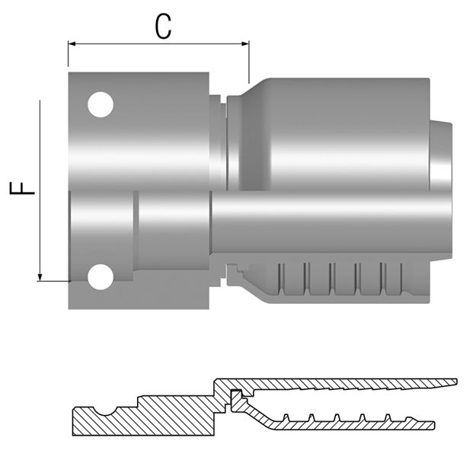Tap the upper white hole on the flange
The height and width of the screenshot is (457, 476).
click(x=100, y=104)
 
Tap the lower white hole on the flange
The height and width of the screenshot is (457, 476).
click(x=100, y=276)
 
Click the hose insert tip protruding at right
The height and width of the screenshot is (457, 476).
click(x=441, y=156)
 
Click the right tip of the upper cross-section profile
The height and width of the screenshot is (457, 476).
click(x=455, y=380)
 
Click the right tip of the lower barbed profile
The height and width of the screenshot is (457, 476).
click(x=433, y=425)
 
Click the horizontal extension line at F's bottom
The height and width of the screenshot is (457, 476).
click(x=53, y=281)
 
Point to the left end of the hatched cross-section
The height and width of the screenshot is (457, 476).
click(x=73, y=420)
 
